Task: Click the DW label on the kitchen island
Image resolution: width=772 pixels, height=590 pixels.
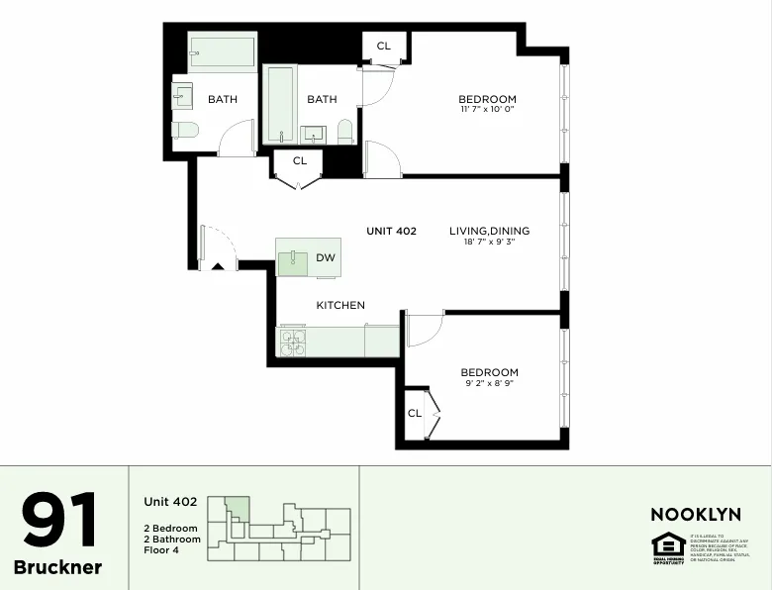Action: (326, 258)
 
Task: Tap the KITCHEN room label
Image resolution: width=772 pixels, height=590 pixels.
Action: (340, 305)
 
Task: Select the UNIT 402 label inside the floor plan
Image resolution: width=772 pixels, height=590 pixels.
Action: (391, 231)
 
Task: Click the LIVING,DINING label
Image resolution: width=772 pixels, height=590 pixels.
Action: (489, 231)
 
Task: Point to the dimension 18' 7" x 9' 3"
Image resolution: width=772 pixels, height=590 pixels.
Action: (489, 243)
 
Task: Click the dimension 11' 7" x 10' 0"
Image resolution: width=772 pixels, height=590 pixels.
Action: (487, 110)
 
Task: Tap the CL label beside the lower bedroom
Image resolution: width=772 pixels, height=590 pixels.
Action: (415, 413)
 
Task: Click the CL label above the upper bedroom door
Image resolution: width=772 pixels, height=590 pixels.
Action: (383, 46)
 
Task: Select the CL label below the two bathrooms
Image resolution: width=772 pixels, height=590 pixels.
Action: (300, 160)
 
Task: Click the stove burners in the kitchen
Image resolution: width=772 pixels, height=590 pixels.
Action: (292, 342)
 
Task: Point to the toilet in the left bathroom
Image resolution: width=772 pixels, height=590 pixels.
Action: (185, 129)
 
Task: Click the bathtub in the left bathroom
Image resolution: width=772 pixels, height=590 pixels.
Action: (222, 52)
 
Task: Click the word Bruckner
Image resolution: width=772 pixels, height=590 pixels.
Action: (57, 567)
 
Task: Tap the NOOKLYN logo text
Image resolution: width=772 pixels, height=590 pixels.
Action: (695, 515)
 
